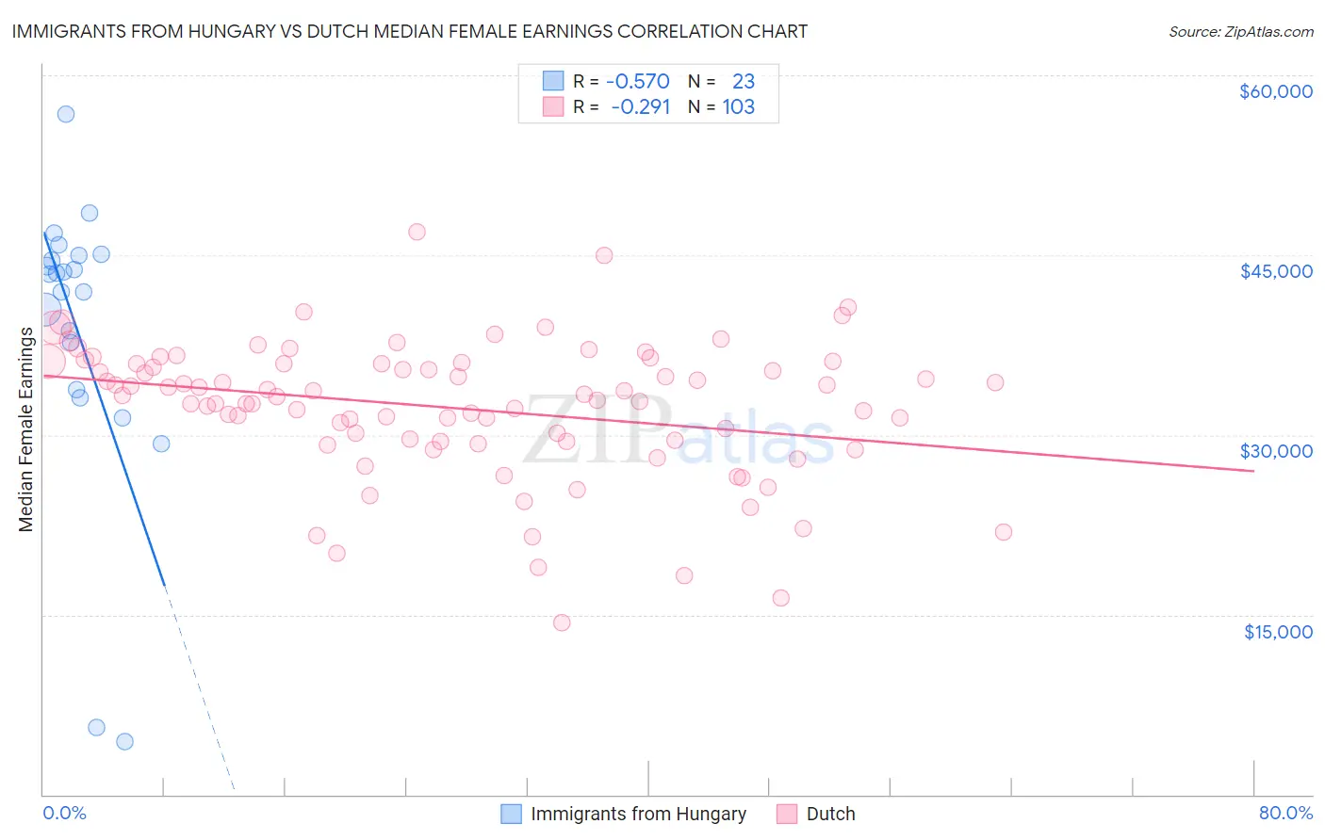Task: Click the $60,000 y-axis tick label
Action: point(1275,91)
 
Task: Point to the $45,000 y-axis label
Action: point(1275,271)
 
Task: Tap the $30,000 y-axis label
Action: point(1275,451)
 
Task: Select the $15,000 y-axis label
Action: point(1278,632)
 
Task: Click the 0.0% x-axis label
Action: point(64,814)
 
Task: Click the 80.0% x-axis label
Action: point(1285,814)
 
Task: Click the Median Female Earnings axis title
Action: point(26,429)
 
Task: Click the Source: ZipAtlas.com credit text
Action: point(1240,32)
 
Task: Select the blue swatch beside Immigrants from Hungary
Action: point(511,814)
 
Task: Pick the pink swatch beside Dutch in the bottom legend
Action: point(787,814)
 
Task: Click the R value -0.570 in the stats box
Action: point(637,82)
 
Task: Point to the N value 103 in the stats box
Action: point(738,107)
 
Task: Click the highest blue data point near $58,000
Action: point(66,114)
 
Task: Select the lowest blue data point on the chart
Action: point(124,741)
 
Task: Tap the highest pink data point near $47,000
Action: point(417,232)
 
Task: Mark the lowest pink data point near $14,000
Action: point(562,622)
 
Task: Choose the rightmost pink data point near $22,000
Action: point(1004,532)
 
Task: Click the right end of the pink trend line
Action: point(1253,470)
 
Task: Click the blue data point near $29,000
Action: point(161,444)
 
